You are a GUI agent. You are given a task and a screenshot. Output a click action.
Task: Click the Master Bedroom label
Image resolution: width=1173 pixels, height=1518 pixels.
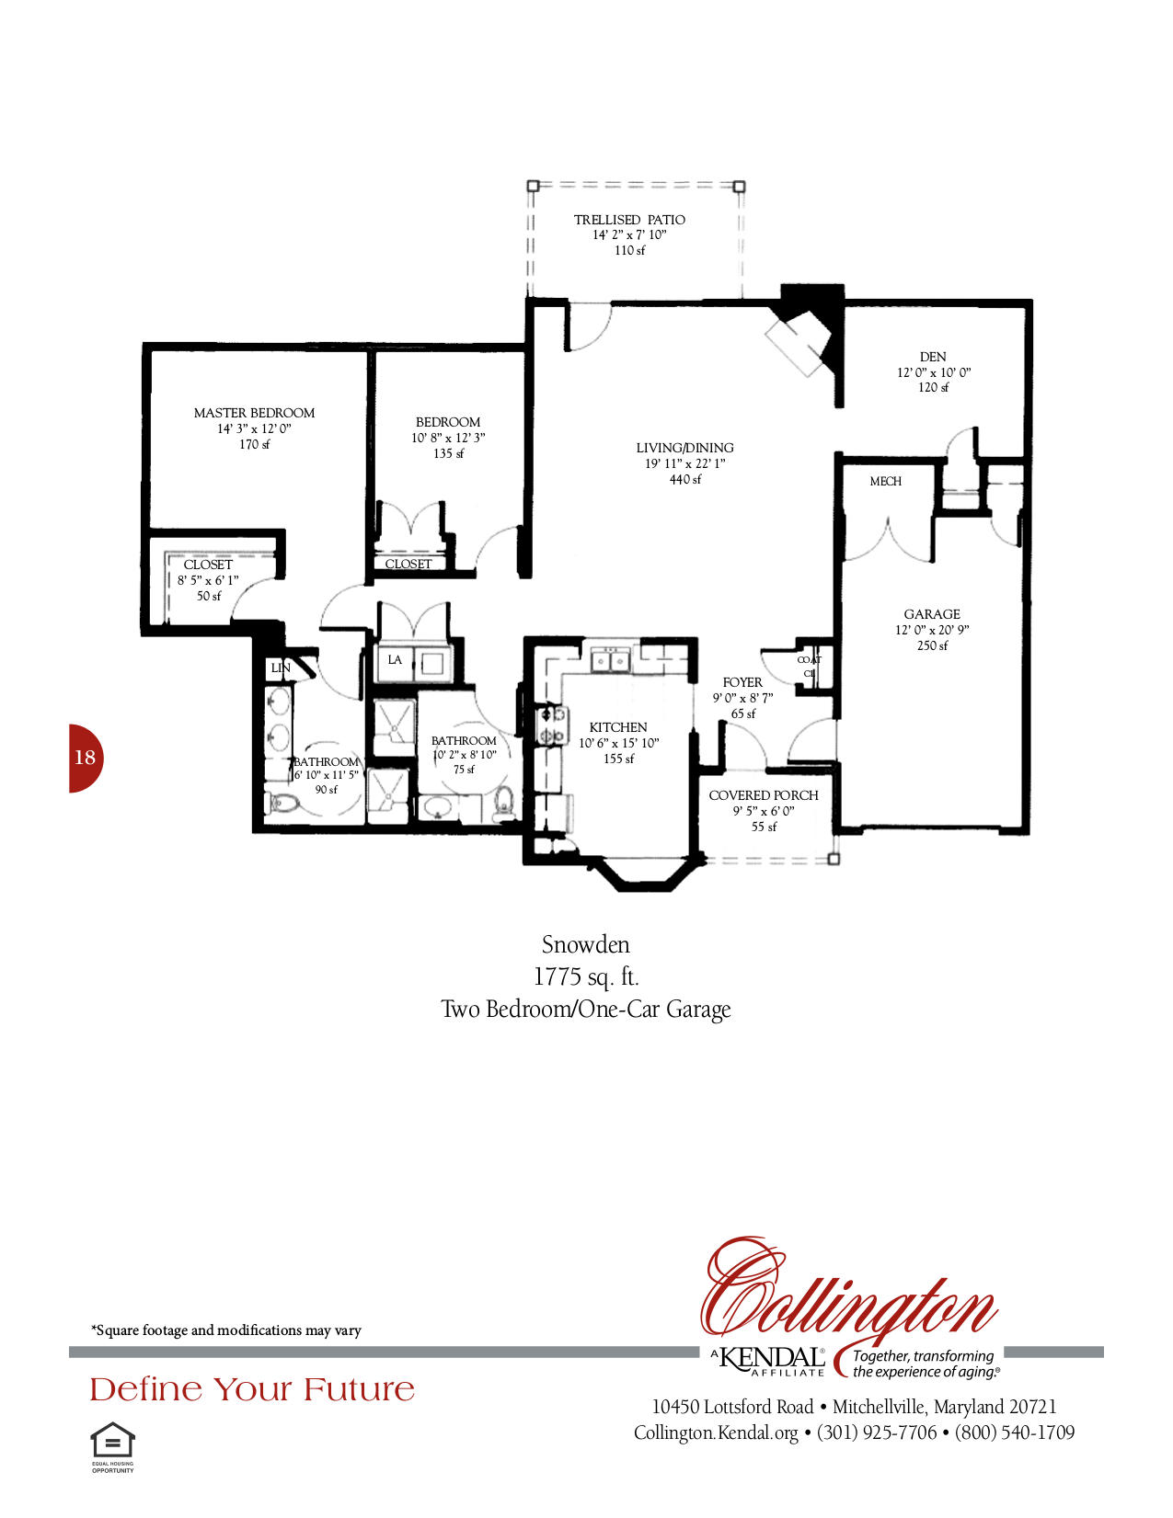(x=254, y=413)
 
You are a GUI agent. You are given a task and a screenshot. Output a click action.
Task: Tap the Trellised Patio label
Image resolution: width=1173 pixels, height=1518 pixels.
(x=629, y=220)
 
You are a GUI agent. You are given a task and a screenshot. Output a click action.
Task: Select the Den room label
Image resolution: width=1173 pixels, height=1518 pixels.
(x=933, y=357)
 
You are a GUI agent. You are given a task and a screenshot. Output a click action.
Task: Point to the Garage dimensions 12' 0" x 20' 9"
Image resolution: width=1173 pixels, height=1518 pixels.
(x=932, y=630)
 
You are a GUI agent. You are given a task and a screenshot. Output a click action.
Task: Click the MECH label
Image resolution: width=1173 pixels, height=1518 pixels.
(x=885, y=481)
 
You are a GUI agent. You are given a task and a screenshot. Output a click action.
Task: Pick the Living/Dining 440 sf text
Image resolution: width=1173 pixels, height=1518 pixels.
(x=685, y=479)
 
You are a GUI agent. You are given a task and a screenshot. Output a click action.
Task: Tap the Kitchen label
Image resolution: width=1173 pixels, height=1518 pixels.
(x=618, y=727)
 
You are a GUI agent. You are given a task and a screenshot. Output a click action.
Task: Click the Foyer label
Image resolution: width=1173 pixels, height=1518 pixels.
(x=742, y=682)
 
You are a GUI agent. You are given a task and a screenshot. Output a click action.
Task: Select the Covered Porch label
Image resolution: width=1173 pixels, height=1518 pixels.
(x=764, y=795)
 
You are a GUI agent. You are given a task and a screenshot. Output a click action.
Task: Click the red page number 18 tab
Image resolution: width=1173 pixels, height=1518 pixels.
(x=85, y=758)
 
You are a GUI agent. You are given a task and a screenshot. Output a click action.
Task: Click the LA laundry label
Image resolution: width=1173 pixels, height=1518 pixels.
(x=395, y=659)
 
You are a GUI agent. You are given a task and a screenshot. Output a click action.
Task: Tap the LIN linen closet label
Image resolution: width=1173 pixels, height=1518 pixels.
(x=280, y=668)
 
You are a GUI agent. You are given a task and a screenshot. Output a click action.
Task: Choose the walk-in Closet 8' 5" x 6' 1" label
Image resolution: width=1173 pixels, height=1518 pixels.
(x=208, y=565)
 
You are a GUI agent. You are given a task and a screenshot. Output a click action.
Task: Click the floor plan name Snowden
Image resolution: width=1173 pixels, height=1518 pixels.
(x=585, y=944)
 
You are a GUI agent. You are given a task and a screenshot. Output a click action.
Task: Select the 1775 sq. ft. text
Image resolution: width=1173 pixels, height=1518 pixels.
(x=585, y=976)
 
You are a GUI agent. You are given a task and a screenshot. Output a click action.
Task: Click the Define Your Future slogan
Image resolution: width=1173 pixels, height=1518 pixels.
(x=252, y=1389)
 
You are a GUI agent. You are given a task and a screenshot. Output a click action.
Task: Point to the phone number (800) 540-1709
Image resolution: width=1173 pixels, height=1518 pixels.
(x=1015, y=1432)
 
